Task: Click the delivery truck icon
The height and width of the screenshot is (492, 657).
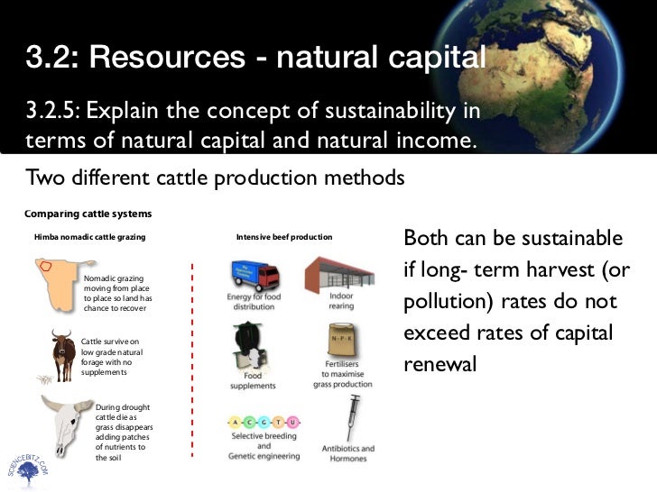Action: coord(255,274)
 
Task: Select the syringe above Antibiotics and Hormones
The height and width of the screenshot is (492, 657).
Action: coord(353,417)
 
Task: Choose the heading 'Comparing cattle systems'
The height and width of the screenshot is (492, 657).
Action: coord(88,214)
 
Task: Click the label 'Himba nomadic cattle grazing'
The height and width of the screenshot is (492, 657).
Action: coord(89,237)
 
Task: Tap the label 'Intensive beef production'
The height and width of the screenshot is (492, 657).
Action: coord(283,237)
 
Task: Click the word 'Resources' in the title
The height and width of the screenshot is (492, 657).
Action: coord(165,59)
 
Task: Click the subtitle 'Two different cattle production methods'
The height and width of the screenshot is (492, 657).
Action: coord(215,178)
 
